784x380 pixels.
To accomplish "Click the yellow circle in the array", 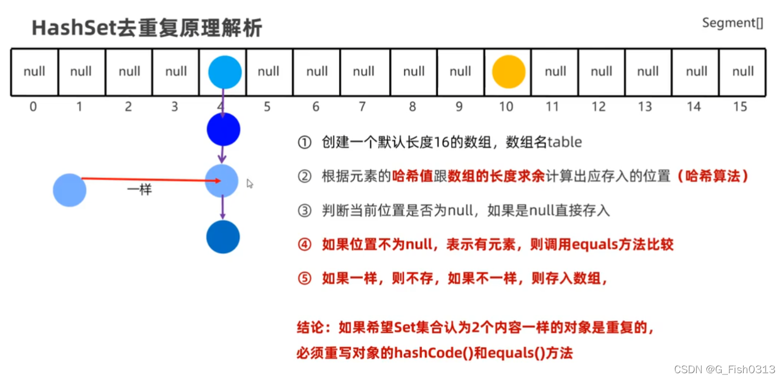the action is [x=508, y=72].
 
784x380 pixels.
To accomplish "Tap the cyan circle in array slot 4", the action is [x=224, y=72].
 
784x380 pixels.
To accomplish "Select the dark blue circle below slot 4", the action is [x=223, y=130].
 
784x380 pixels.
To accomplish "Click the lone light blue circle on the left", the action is [x=70, y=190].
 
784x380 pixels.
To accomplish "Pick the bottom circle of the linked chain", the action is [x=223, y=237].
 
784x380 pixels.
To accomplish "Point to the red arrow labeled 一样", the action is [x=150, y=180].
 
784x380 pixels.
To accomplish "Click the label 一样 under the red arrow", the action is [x=139, y=190].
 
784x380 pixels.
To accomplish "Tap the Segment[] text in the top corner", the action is [x=732, y=23].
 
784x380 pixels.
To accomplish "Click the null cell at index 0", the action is [x=34, y=72].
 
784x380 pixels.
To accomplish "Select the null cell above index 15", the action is [x=743, y=72].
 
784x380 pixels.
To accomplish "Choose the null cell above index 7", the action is [x=363, y=72].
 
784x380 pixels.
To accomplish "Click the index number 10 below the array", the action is [x=506, y=106].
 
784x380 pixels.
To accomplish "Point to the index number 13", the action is [x=645, y=106].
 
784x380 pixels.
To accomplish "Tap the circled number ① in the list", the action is [x=304, y=142].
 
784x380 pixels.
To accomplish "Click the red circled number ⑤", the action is [x=304, y=279].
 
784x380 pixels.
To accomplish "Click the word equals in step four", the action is [x=595, y=245].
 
